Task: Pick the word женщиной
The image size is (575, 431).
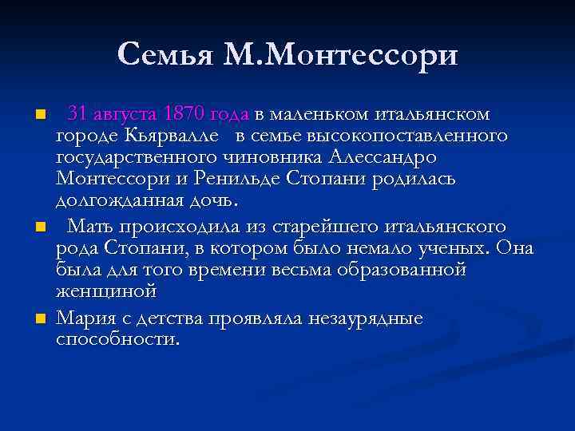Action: pos(105,292)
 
